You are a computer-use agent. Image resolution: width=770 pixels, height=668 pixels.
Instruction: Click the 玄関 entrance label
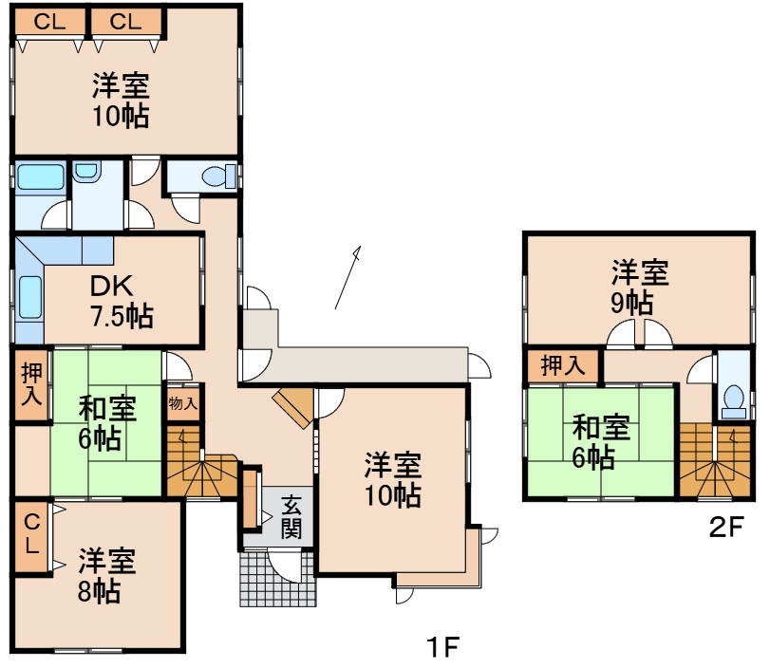pyautogui.click(x=291, y=518)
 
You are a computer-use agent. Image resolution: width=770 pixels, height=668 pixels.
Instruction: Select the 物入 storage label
pyautogui.click(x=182, y=403)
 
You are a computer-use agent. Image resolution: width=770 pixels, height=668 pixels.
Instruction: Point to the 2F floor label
pyautogui.click(x=728, y=529)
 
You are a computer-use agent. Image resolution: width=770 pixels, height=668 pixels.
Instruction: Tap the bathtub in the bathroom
pyautogui.click(x=39, y=177)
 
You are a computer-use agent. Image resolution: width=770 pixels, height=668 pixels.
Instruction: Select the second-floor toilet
pyautogui.click(x=732, y=401)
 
